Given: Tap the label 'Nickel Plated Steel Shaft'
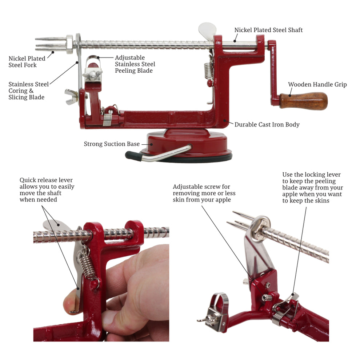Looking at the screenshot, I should (268, 30).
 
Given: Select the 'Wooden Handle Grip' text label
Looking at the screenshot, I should (317, 84).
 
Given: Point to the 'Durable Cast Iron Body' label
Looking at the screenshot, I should (267, 124).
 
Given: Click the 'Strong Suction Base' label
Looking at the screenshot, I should (112, 144).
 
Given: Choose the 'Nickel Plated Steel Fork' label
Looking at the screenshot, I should (27, 61).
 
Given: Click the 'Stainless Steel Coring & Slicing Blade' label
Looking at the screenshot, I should (28, 91).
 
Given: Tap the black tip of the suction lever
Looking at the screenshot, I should (132, 155).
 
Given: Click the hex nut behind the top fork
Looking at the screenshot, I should (69, 44).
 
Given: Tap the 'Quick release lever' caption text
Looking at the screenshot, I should (47, 190).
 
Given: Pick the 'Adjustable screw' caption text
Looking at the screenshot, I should (204, 193).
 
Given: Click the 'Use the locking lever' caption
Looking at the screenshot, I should (312, 187).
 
